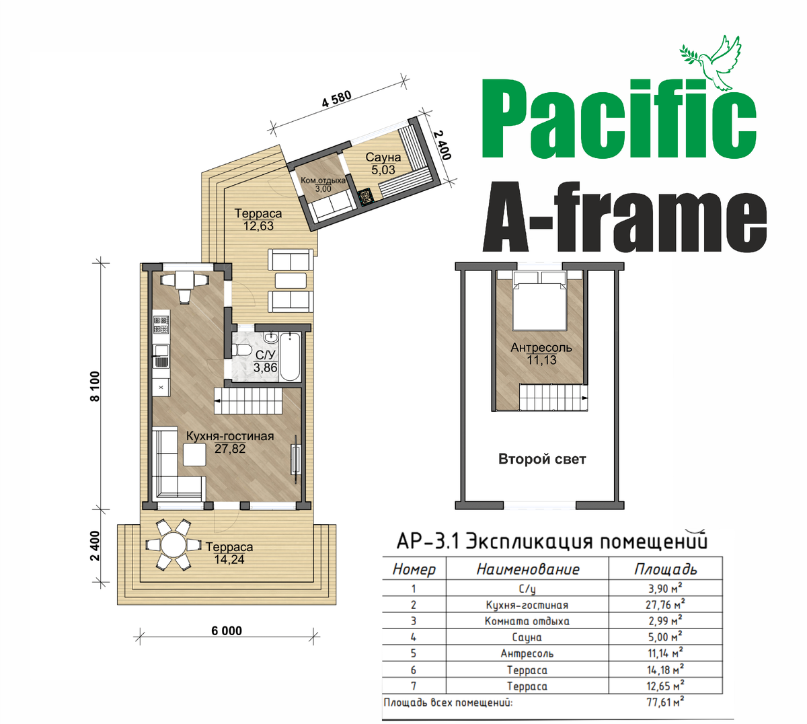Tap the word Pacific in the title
click(619, 119)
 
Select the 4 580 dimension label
click(336, 99)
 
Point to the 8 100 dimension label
click(95, 386)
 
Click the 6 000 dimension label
click(227, 630)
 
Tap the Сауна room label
click(383, 157)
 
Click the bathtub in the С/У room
click(291, 357)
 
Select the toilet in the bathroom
click(241, 351)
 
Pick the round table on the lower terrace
click(173, 544)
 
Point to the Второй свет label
click(542, 460)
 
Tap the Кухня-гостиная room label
click(230, 436)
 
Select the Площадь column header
click(665, 569)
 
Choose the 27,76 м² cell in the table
click(665, 604)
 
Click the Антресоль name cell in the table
click(527, 653)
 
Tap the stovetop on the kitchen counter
click(161, 324)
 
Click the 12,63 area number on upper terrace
click(258, 226)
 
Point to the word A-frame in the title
click(624, 218)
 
